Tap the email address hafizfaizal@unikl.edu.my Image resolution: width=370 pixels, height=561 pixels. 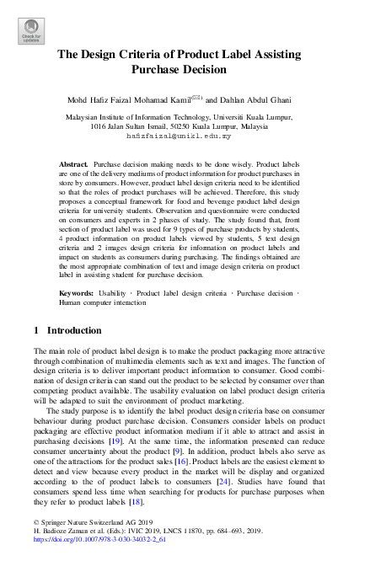click(x=185, y=135)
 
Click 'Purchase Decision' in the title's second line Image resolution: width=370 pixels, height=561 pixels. click(x=185, y=71)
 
